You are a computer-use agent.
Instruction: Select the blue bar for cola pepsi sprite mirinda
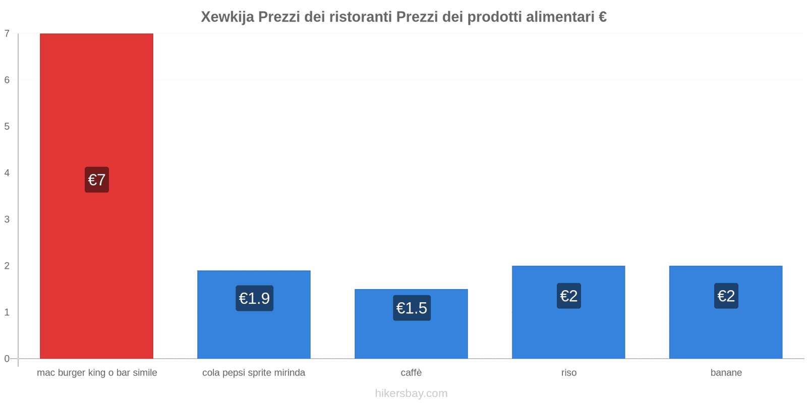pos(254,332)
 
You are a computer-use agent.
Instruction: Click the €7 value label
pos(97,180)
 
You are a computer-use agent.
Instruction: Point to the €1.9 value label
pos(254,298)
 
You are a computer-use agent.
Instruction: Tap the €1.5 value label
pos(412,308)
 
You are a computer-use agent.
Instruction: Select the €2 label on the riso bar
pos(569,296)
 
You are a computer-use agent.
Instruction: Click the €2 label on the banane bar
pos(726,296)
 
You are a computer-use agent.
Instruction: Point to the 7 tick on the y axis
pos(7,34)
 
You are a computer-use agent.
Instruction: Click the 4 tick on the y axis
pos(7,173)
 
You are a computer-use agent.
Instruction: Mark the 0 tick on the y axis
pos(7,359)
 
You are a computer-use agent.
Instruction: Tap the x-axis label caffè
pos(411,373)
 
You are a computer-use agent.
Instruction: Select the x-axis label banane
pos(726,373)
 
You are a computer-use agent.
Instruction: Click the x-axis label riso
pos(568,373)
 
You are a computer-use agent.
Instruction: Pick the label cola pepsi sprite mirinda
pos(254,373)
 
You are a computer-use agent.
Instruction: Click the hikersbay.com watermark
pos(411,393)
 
